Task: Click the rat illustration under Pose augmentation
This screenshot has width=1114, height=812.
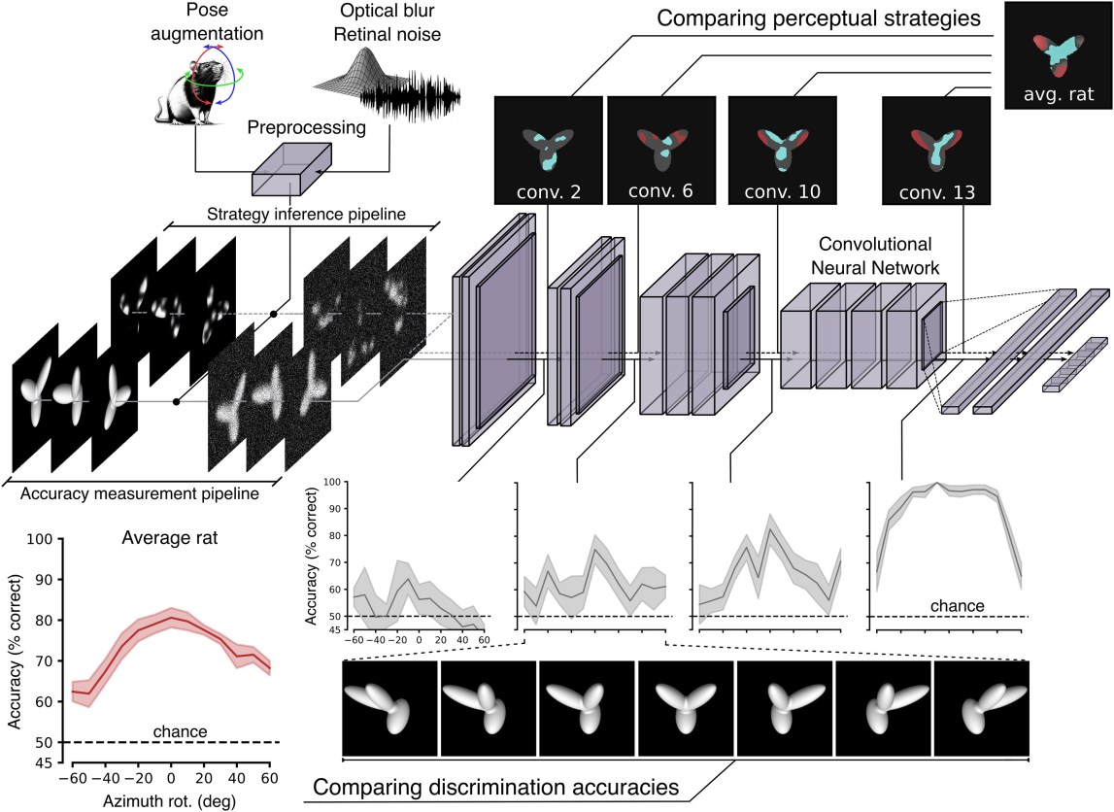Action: [x=193, y=91]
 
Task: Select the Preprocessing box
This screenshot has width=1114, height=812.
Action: [x=290, y=173]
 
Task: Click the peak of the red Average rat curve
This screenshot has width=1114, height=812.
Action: [x=171, y=618]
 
